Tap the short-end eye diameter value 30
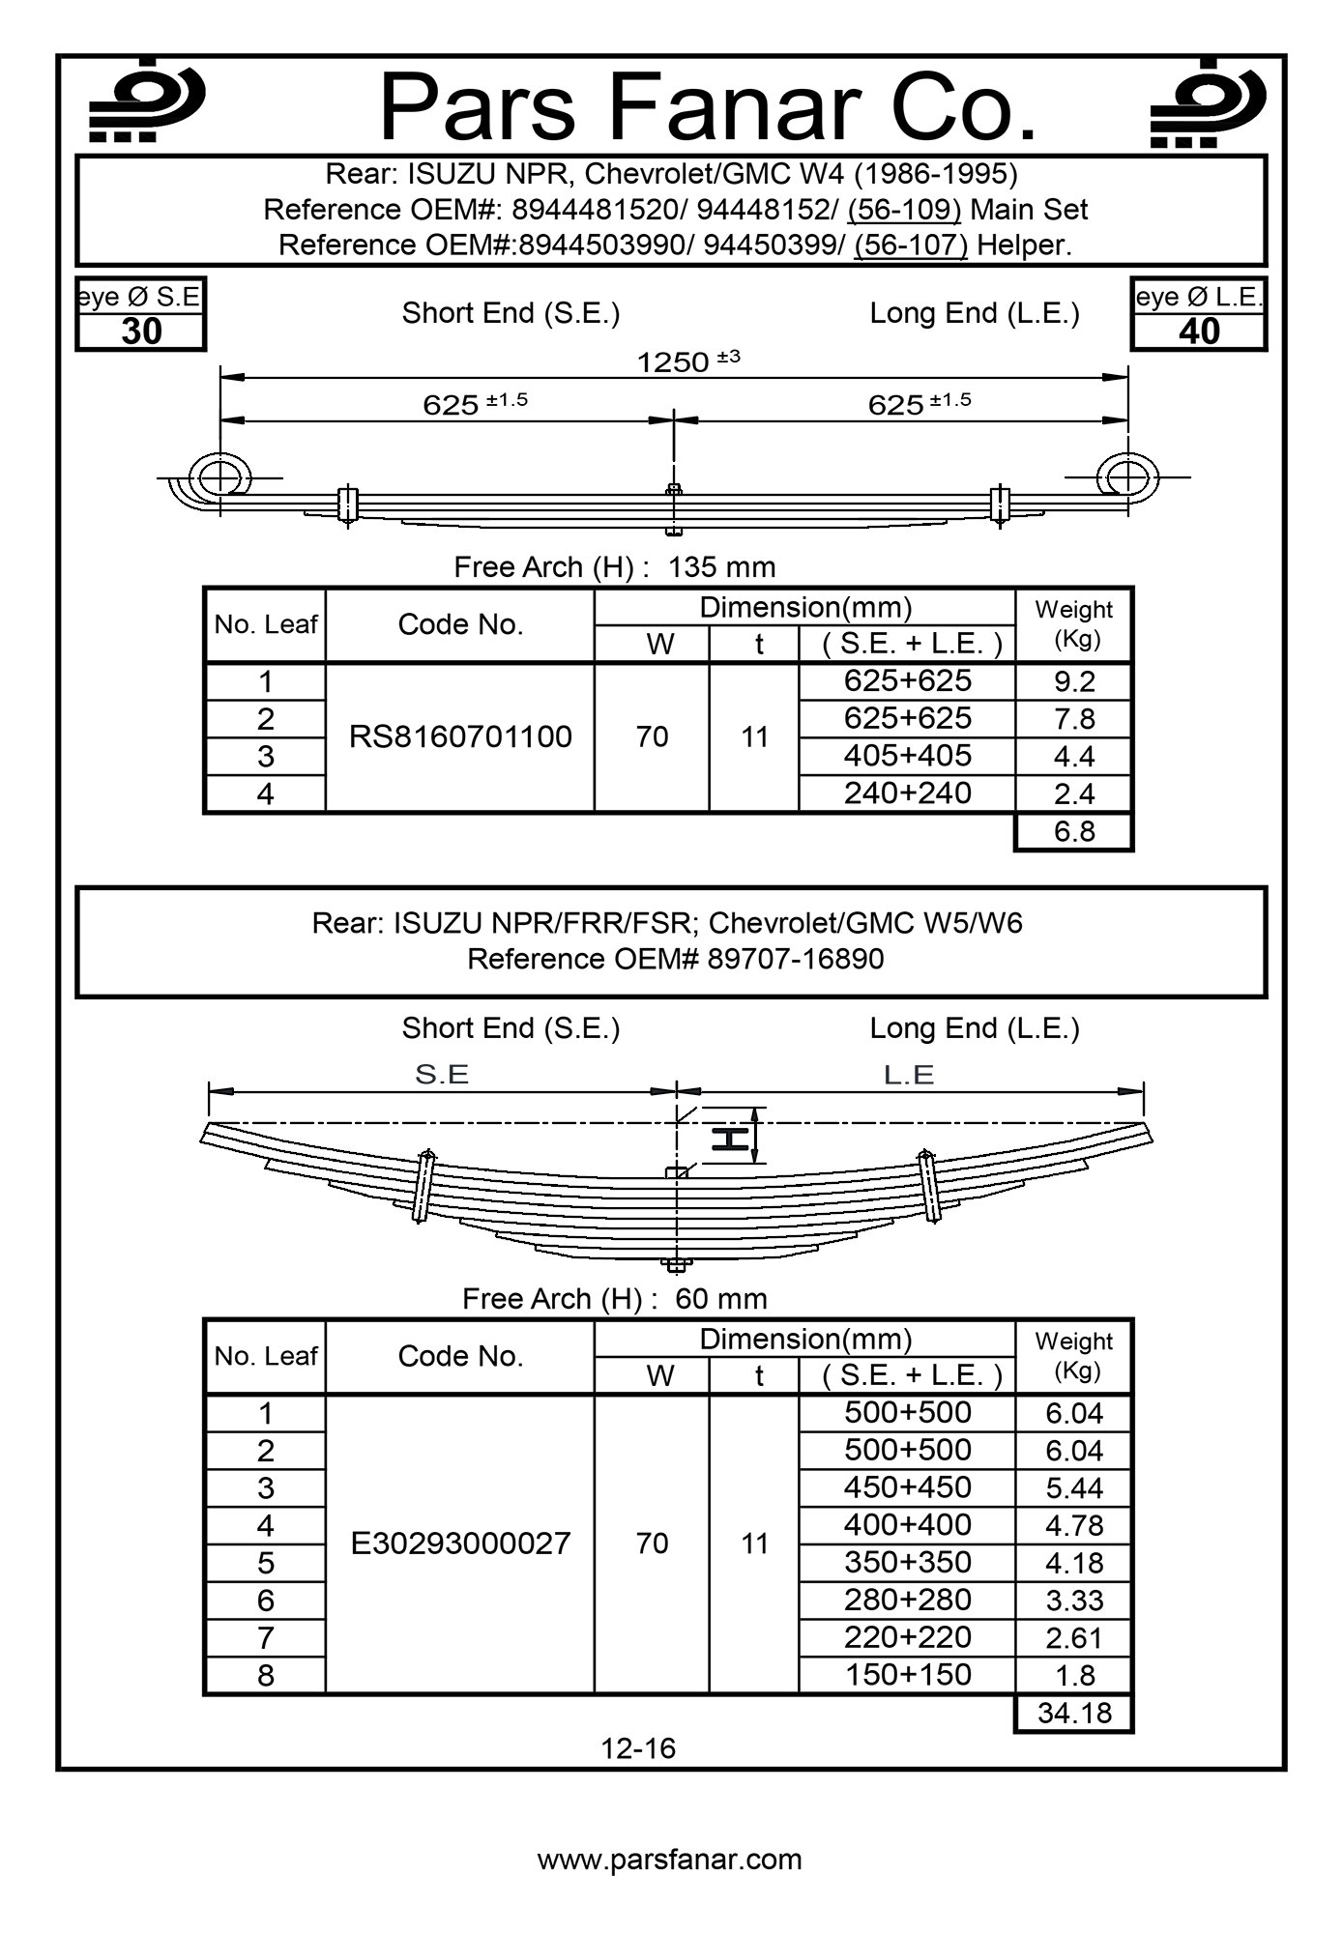[141, 332]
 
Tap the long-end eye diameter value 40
[1199, 332]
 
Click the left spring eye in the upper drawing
[220, 477]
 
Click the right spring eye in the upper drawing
[1127, 477]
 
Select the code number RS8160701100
[460, 737]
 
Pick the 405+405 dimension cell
[907, 756]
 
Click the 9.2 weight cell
[1074, 682]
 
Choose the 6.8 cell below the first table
[1074, 831]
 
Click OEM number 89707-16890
[796, 959]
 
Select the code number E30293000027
[460, 1544]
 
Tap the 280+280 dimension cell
[907, 1600]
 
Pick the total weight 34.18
[1074, 1714]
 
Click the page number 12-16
[638, 1748]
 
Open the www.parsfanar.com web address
[670, 1860]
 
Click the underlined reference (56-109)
[904, 210]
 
